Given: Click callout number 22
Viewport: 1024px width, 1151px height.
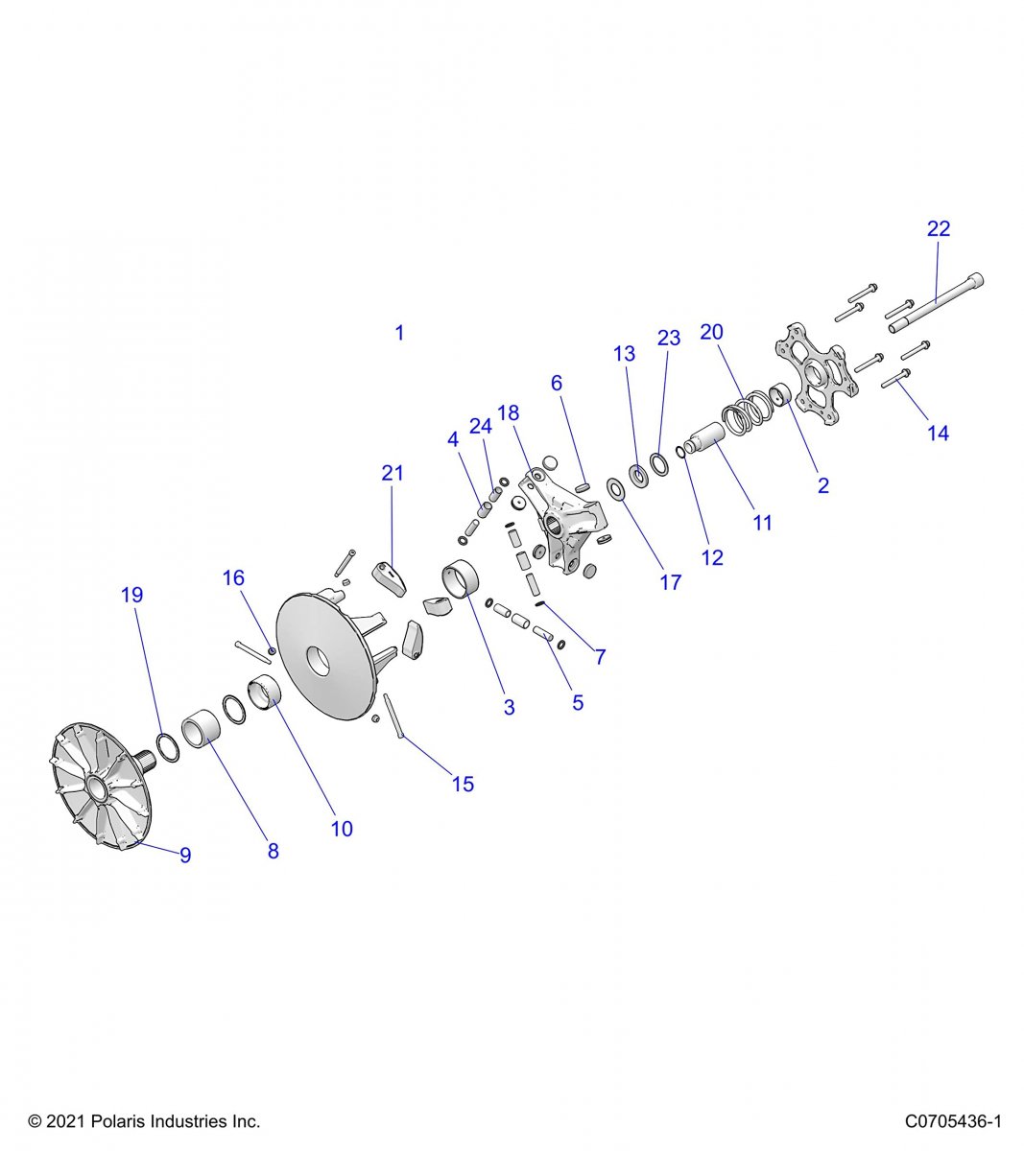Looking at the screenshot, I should [938, 228].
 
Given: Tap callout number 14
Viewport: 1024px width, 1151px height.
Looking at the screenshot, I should [938, 433].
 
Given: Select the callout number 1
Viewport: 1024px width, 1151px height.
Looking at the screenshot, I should [399, 333].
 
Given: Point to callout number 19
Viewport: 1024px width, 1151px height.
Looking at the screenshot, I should [132, 595].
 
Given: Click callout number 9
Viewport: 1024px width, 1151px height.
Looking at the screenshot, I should [185, 854].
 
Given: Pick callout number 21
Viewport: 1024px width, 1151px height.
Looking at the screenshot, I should [393, 473].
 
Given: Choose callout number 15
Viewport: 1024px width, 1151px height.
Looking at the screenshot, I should [463, 784].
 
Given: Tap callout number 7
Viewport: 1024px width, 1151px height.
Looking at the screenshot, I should [601, 657].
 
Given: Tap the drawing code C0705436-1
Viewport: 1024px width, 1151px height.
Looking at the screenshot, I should [953, 1121].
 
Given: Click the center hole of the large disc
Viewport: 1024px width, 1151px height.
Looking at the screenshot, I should [317, 662].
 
